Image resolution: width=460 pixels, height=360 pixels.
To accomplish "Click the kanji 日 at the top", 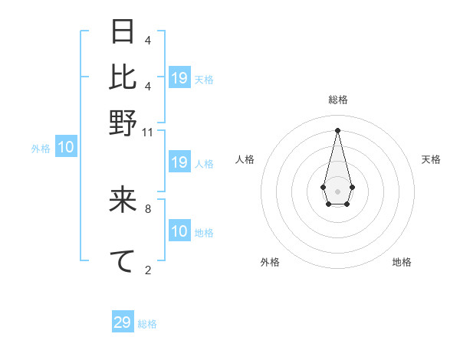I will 123,32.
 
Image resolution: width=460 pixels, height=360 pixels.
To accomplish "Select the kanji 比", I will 123,77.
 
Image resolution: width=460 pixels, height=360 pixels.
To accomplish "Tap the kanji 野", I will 123,123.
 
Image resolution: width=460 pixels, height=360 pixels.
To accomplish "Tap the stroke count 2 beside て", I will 147,270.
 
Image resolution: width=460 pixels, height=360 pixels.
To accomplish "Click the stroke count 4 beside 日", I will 147,40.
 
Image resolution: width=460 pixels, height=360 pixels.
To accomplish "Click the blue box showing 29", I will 123,322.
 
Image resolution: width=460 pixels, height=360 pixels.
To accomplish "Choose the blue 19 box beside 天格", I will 179,77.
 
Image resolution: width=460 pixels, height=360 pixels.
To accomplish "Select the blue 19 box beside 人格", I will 179,162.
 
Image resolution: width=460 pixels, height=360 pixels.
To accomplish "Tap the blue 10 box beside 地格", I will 179,231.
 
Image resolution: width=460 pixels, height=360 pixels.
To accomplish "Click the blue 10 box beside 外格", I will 66,148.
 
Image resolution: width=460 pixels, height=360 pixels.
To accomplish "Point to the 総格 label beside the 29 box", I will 147,324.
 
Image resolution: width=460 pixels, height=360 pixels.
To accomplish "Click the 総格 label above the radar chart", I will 337,100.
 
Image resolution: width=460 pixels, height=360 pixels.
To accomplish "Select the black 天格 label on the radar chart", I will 431,159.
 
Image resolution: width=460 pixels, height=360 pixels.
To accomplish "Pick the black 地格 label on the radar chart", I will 402,262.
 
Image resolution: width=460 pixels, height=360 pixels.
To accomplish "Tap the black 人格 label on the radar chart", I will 245,159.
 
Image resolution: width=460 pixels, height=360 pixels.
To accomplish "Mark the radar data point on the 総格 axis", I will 337,129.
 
